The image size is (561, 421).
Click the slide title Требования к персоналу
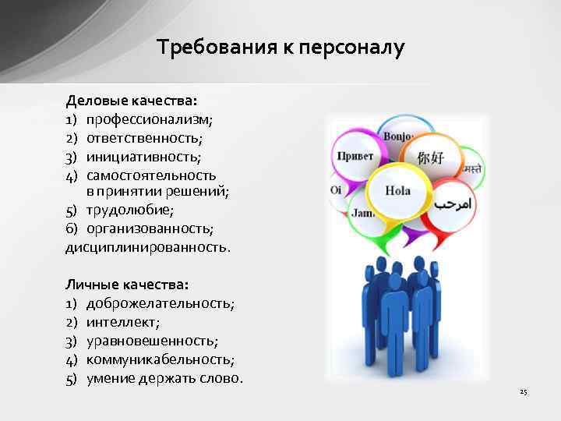[x=280, y=48]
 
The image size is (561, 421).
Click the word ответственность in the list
[x=143, y=138]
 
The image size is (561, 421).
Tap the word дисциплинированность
[x=148, y=247]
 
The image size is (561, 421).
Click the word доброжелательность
[x=160, y=303]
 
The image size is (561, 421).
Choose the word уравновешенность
[x=152, y=341]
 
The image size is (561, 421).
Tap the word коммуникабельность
[x=160, y=359]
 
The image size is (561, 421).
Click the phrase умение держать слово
[x=164, y=378]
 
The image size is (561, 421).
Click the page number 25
[x=524, y=391]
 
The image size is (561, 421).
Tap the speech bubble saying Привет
[x=356, y=155]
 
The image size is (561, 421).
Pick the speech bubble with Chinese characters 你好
[x=431, y=157]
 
